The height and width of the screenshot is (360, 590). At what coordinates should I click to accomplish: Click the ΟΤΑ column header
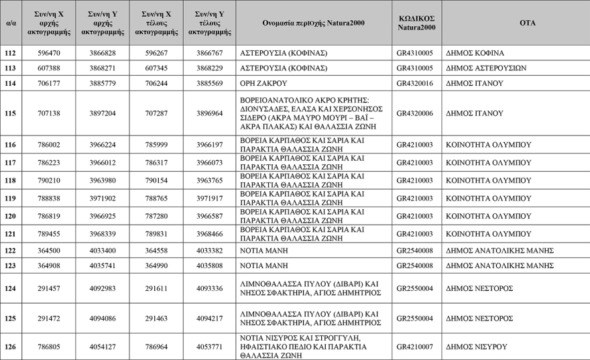[527, 23]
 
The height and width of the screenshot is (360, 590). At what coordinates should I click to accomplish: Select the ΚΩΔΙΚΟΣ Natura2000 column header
[416, 23]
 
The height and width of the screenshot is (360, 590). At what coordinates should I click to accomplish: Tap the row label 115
[10, 113]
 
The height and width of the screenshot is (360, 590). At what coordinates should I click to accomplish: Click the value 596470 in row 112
[48, 53]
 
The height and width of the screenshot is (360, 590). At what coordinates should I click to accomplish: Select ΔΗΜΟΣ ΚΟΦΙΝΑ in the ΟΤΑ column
[475, 53]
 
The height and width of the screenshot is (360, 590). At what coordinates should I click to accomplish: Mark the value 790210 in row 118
[48, 180]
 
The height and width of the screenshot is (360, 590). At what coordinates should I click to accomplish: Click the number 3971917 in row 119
[210, 198]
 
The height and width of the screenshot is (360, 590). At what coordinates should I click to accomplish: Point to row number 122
[10, 251]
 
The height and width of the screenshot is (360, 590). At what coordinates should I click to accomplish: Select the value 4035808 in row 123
[210, 265]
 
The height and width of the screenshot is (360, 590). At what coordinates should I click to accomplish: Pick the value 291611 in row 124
[156, 288]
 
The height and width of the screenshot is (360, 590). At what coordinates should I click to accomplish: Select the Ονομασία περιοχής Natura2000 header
[314, 23]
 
